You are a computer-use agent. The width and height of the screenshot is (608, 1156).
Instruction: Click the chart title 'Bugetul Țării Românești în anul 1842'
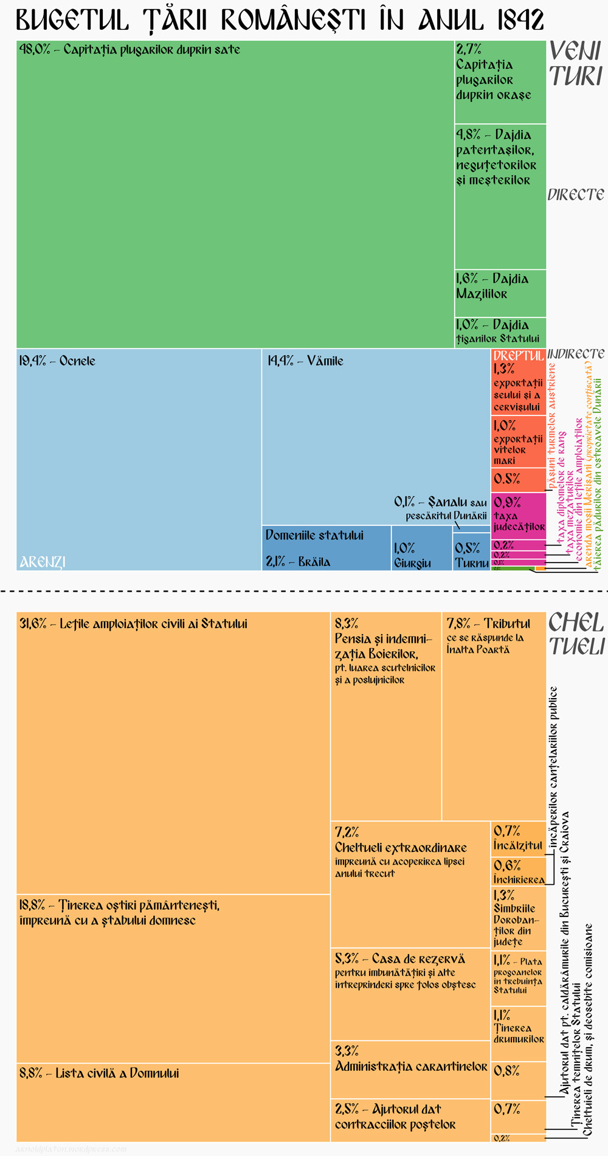click(280, 21)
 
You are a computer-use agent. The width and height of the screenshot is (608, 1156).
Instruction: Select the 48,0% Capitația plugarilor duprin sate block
click(235, 195)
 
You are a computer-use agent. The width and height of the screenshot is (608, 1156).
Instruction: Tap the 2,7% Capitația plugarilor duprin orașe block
click(500, 82)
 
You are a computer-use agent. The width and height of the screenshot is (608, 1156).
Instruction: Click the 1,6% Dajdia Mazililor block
click(500, 293)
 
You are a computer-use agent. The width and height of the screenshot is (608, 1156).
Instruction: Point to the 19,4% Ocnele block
click(139, 459)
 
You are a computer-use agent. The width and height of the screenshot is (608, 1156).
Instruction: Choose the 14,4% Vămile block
click(376, 437)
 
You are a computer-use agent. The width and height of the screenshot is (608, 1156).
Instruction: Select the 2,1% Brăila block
click(326, 548)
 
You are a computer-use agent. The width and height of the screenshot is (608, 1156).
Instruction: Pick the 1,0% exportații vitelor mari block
click(518, 441)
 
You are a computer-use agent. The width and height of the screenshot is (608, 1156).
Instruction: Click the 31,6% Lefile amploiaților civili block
click(173, 753)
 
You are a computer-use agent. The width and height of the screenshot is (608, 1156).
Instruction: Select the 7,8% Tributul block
click(494, 716)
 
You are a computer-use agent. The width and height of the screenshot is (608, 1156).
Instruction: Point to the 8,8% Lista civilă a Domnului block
click(173, 1101)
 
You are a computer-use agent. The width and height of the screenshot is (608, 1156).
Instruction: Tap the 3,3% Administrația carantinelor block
click(410, 1069)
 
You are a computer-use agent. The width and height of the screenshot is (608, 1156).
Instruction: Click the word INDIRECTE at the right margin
click(576, 354)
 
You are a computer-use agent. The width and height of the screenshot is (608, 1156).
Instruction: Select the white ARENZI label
click(43, 562)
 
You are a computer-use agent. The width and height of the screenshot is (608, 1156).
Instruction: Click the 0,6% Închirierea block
click(518, 871)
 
